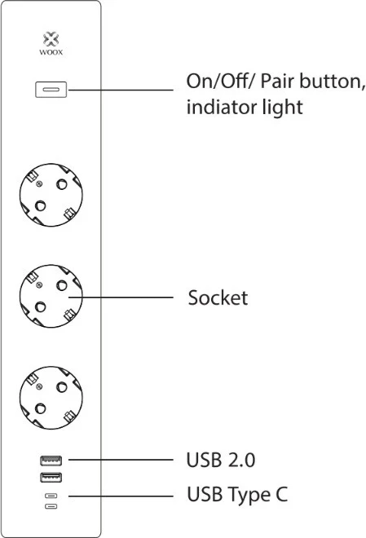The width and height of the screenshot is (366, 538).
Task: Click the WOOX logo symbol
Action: pos(51,39)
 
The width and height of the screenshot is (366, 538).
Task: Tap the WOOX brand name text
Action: pos(51,52)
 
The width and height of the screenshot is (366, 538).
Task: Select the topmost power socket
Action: pos(51,195)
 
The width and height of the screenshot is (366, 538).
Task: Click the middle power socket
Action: pos(51,296)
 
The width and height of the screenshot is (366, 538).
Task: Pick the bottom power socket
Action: pos(51,398)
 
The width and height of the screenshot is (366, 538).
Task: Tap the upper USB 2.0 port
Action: pos(51,461)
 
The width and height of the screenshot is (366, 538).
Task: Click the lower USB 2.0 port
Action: pos(51,477)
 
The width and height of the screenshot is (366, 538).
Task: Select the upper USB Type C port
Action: pos(51,496)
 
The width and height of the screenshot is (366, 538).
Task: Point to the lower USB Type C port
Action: pos(51,506)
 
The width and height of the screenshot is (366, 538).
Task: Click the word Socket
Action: pos(218,298)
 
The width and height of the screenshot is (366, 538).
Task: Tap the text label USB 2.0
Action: pos(221,460)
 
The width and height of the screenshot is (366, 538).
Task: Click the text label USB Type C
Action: pos(237,495)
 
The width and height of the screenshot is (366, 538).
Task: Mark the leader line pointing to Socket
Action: pos(121,298)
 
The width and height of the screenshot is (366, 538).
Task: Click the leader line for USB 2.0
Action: pos(121,460)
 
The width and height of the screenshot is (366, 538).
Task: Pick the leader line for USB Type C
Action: pos(121,496)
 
